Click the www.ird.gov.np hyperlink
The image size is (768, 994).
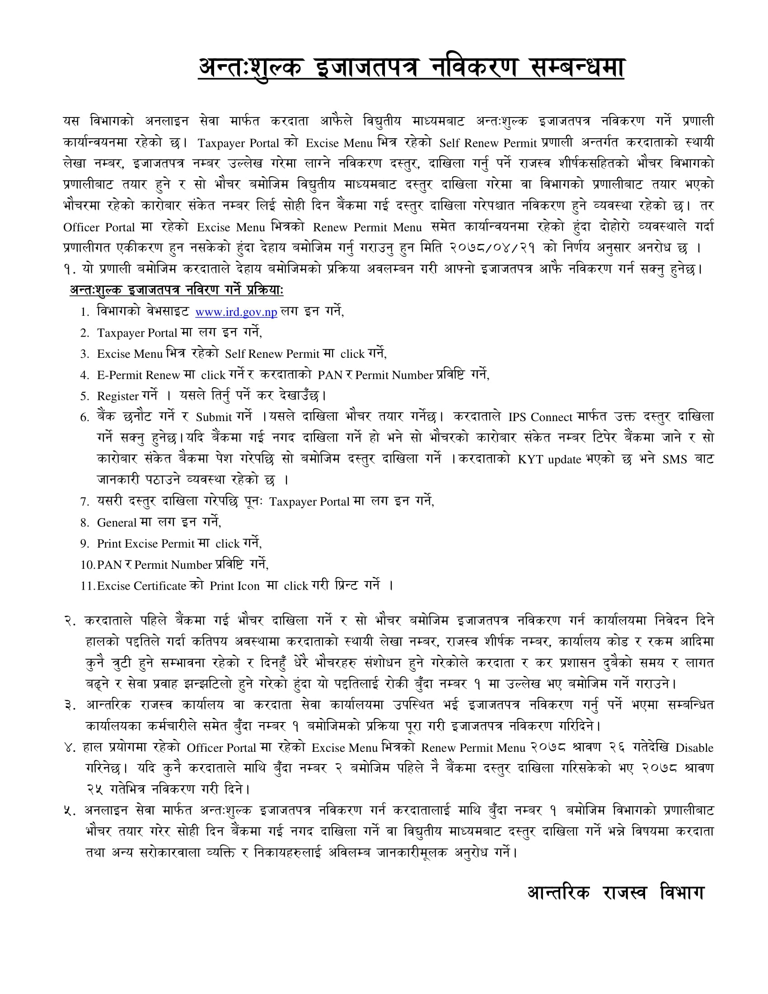236,312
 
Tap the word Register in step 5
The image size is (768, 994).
117,396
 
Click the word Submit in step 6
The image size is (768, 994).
214,417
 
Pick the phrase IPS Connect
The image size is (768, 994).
540,417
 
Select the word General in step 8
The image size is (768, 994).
117,523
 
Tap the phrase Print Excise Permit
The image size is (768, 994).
145,544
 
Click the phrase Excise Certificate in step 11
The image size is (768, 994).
141,586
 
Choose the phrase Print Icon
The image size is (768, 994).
234,586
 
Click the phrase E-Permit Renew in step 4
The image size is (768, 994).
138,375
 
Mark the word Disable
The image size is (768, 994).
694,748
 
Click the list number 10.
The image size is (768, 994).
88,565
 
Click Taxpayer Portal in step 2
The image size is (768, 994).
136,333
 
